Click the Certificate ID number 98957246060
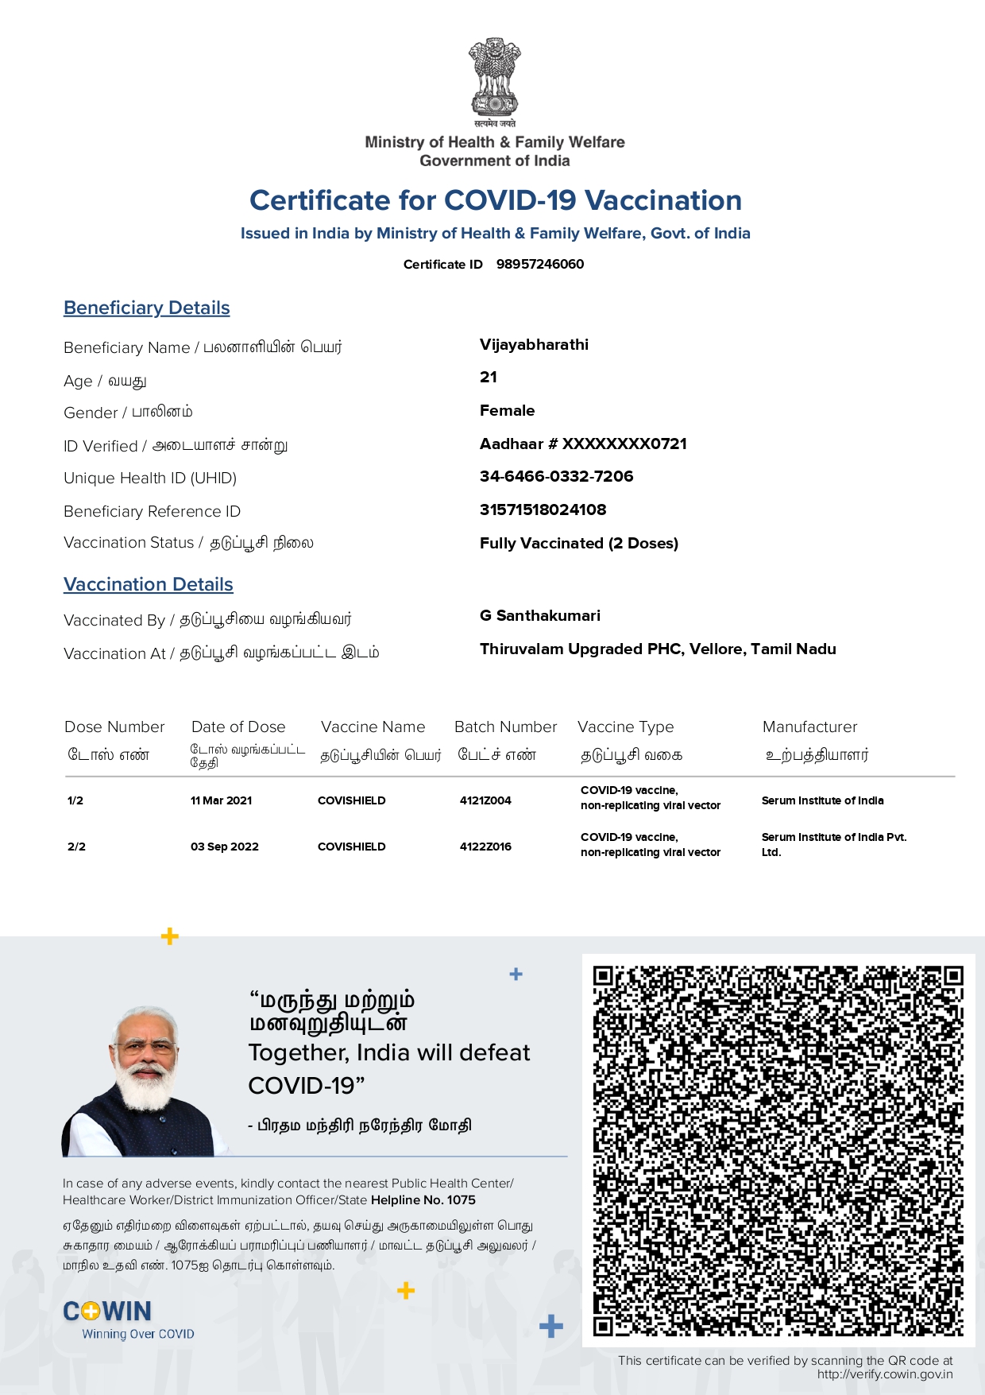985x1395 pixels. [540, 264]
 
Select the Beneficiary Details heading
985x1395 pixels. [147, 308]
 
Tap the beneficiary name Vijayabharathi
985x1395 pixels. [534, 344]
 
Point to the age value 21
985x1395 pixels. [489, 377]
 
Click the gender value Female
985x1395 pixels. [507, 410]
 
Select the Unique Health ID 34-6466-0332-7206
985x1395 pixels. [556, 476]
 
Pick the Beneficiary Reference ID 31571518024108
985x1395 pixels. [543, 510]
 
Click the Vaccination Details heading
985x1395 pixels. [149, 584]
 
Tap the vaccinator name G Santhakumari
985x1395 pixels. [540, 615]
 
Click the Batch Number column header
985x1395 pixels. [505, 727]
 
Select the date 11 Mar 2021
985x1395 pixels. [221, 800]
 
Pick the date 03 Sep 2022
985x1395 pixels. [225, 847]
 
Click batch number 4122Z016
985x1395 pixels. [485, 847]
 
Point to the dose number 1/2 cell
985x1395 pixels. [75, 800]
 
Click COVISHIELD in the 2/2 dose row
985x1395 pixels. [351, 847]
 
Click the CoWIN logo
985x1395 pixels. [108, 1312]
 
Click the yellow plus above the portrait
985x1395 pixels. [169, 936]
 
